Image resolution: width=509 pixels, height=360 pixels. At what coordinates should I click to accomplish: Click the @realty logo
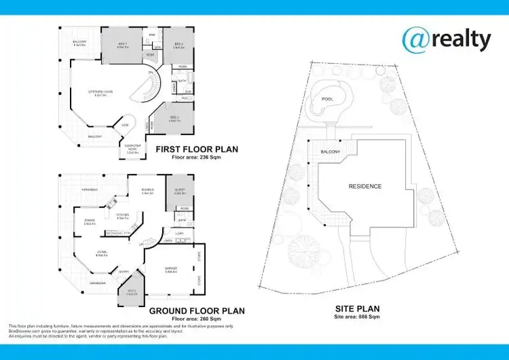[x=446, y=39]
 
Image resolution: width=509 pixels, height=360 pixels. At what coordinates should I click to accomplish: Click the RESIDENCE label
[x=364, y=186]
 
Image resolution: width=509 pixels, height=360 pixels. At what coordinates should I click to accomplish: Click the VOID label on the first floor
[x=126, y=125]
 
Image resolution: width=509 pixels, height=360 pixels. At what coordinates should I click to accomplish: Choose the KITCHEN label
[x=123, y=215]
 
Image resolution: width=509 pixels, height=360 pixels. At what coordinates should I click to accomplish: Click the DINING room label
[x=90, y=219]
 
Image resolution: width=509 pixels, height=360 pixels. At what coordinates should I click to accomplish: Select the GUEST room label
[x=179, y=191]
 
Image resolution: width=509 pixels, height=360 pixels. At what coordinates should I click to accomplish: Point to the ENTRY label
[x=124, y=272]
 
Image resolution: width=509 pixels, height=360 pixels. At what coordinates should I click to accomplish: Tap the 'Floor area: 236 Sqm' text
[x=197, y=157]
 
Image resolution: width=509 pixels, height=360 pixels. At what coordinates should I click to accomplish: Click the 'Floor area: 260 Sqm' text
[x=197, y=318]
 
